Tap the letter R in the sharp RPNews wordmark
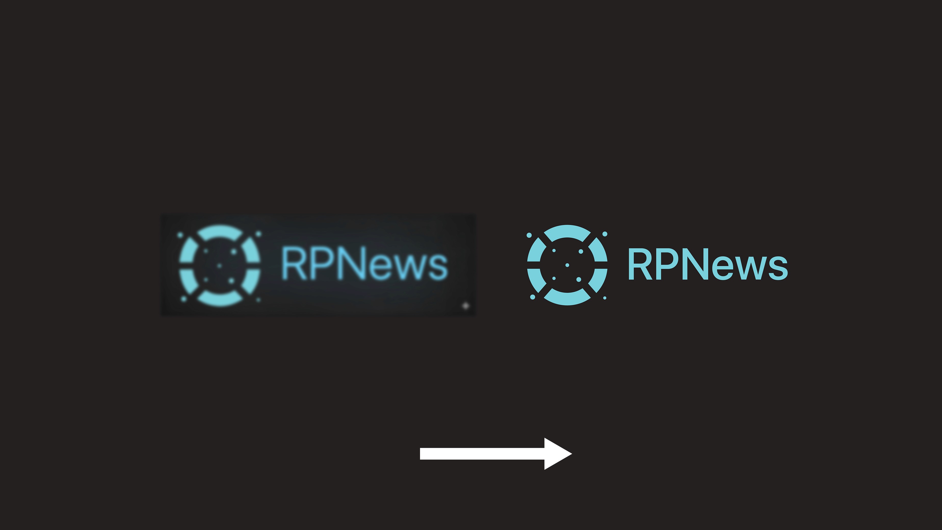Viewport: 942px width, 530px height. coord(640,264)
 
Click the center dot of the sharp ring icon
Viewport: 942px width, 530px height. coord(567,265)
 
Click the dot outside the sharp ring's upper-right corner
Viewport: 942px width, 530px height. coord(605,234)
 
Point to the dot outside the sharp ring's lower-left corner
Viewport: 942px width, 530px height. coord(532,297)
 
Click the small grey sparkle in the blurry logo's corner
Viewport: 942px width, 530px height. coord(465,305)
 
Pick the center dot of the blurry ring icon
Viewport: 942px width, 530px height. coord(219,266)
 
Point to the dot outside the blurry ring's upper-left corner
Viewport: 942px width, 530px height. coord(180,234)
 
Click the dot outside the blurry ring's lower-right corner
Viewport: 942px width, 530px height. coord(258,300)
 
